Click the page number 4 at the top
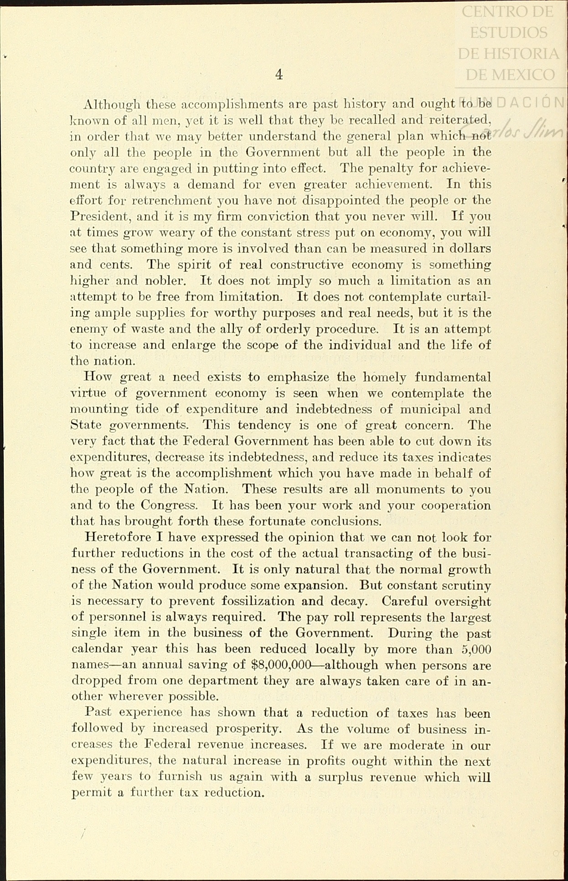coord(279,74)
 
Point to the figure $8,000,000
coord(281,665)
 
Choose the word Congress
coord(169,505)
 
